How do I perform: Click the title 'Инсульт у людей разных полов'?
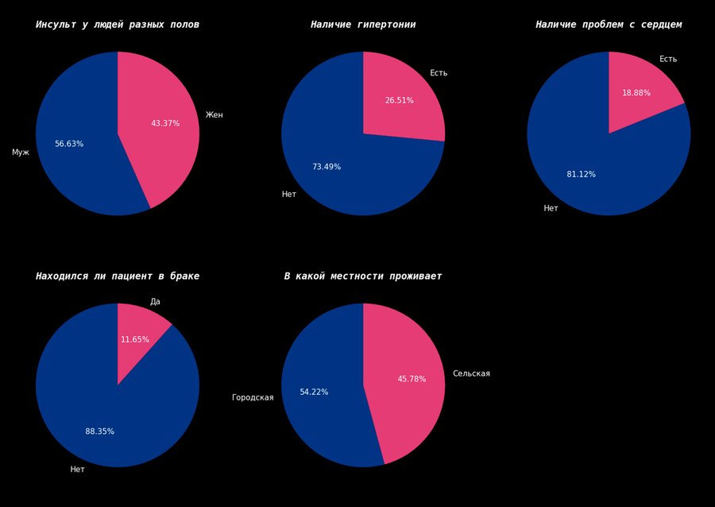click(x=118, y=25)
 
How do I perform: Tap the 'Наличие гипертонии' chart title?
click(x=363, y=25)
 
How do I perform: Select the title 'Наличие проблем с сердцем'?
click(x=609, y=25)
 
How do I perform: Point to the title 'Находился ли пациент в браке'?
click(x=118, y=277)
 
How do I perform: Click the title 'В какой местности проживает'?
click(x=363, y=277)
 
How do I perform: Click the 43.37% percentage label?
click(x=165, y=123)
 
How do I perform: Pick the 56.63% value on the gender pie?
click(x=69, y=144)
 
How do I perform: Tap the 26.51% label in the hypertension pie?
click(x=399, y=101)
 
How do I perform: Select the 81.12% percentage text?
click(x=581, y=174)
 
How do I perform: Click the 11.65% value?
click(x=135, y=339)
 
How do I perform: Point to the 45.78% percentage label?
click(x=412, y=379)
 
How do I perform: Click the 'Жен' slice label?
click(x=214, y=115)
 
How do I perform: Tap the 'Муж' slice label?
click(x=21, y=153)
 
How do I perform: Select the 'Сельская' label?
click(x=471, y=373)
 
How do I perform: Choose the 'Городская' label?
click(x=253, y=397)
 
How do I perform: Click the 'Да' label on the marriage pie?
click(x=155, y=302)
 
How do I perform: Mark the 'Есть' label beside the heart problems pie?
click(x=668, y=60)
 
